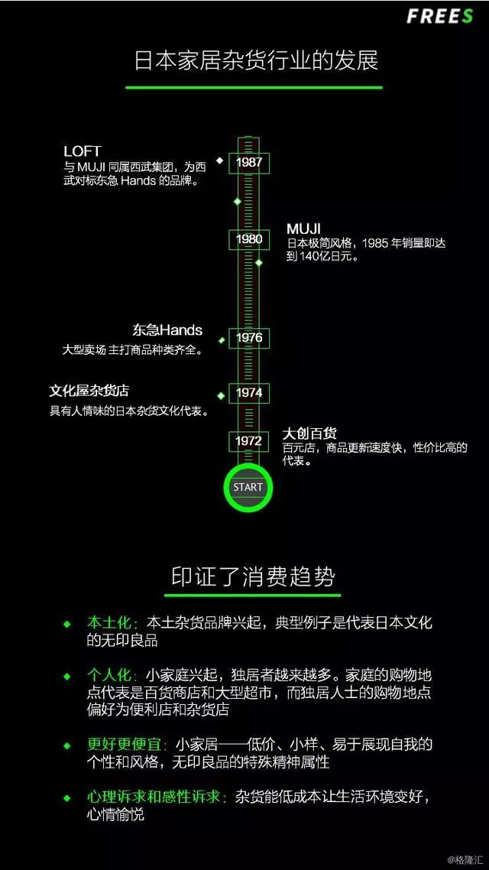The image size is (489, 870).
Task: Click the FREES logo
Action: pos(440,16)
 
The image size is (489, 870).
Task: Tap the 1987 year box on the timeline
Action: pos(249,163)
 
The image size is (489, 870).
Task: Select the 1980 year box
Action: pos(249,240)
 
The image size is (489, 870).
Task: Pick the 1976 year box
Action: pos(249,338)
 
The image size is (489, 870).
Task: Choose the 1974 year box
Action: pos(249,393)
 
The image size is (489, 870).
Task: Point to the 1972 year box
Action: pos(249,441)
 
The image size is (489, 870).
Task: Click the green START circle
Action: pos(248,487)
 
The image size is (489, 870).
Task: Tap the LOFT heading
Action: pos(82,151)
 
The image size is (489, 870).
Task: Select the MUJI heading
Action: pos(304,229)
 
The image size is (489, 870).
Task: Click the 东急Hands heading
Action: pos(167,330)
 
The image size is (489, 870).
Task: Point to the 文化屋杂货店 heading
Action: pos(89,391)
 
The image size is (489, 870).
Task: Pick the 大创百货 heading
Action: pos(309,433)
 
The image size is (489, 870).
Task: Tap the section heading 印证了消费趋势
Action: pos(253,577)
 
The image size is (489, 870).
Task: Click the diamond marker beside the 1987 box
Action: pos(219,161)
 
